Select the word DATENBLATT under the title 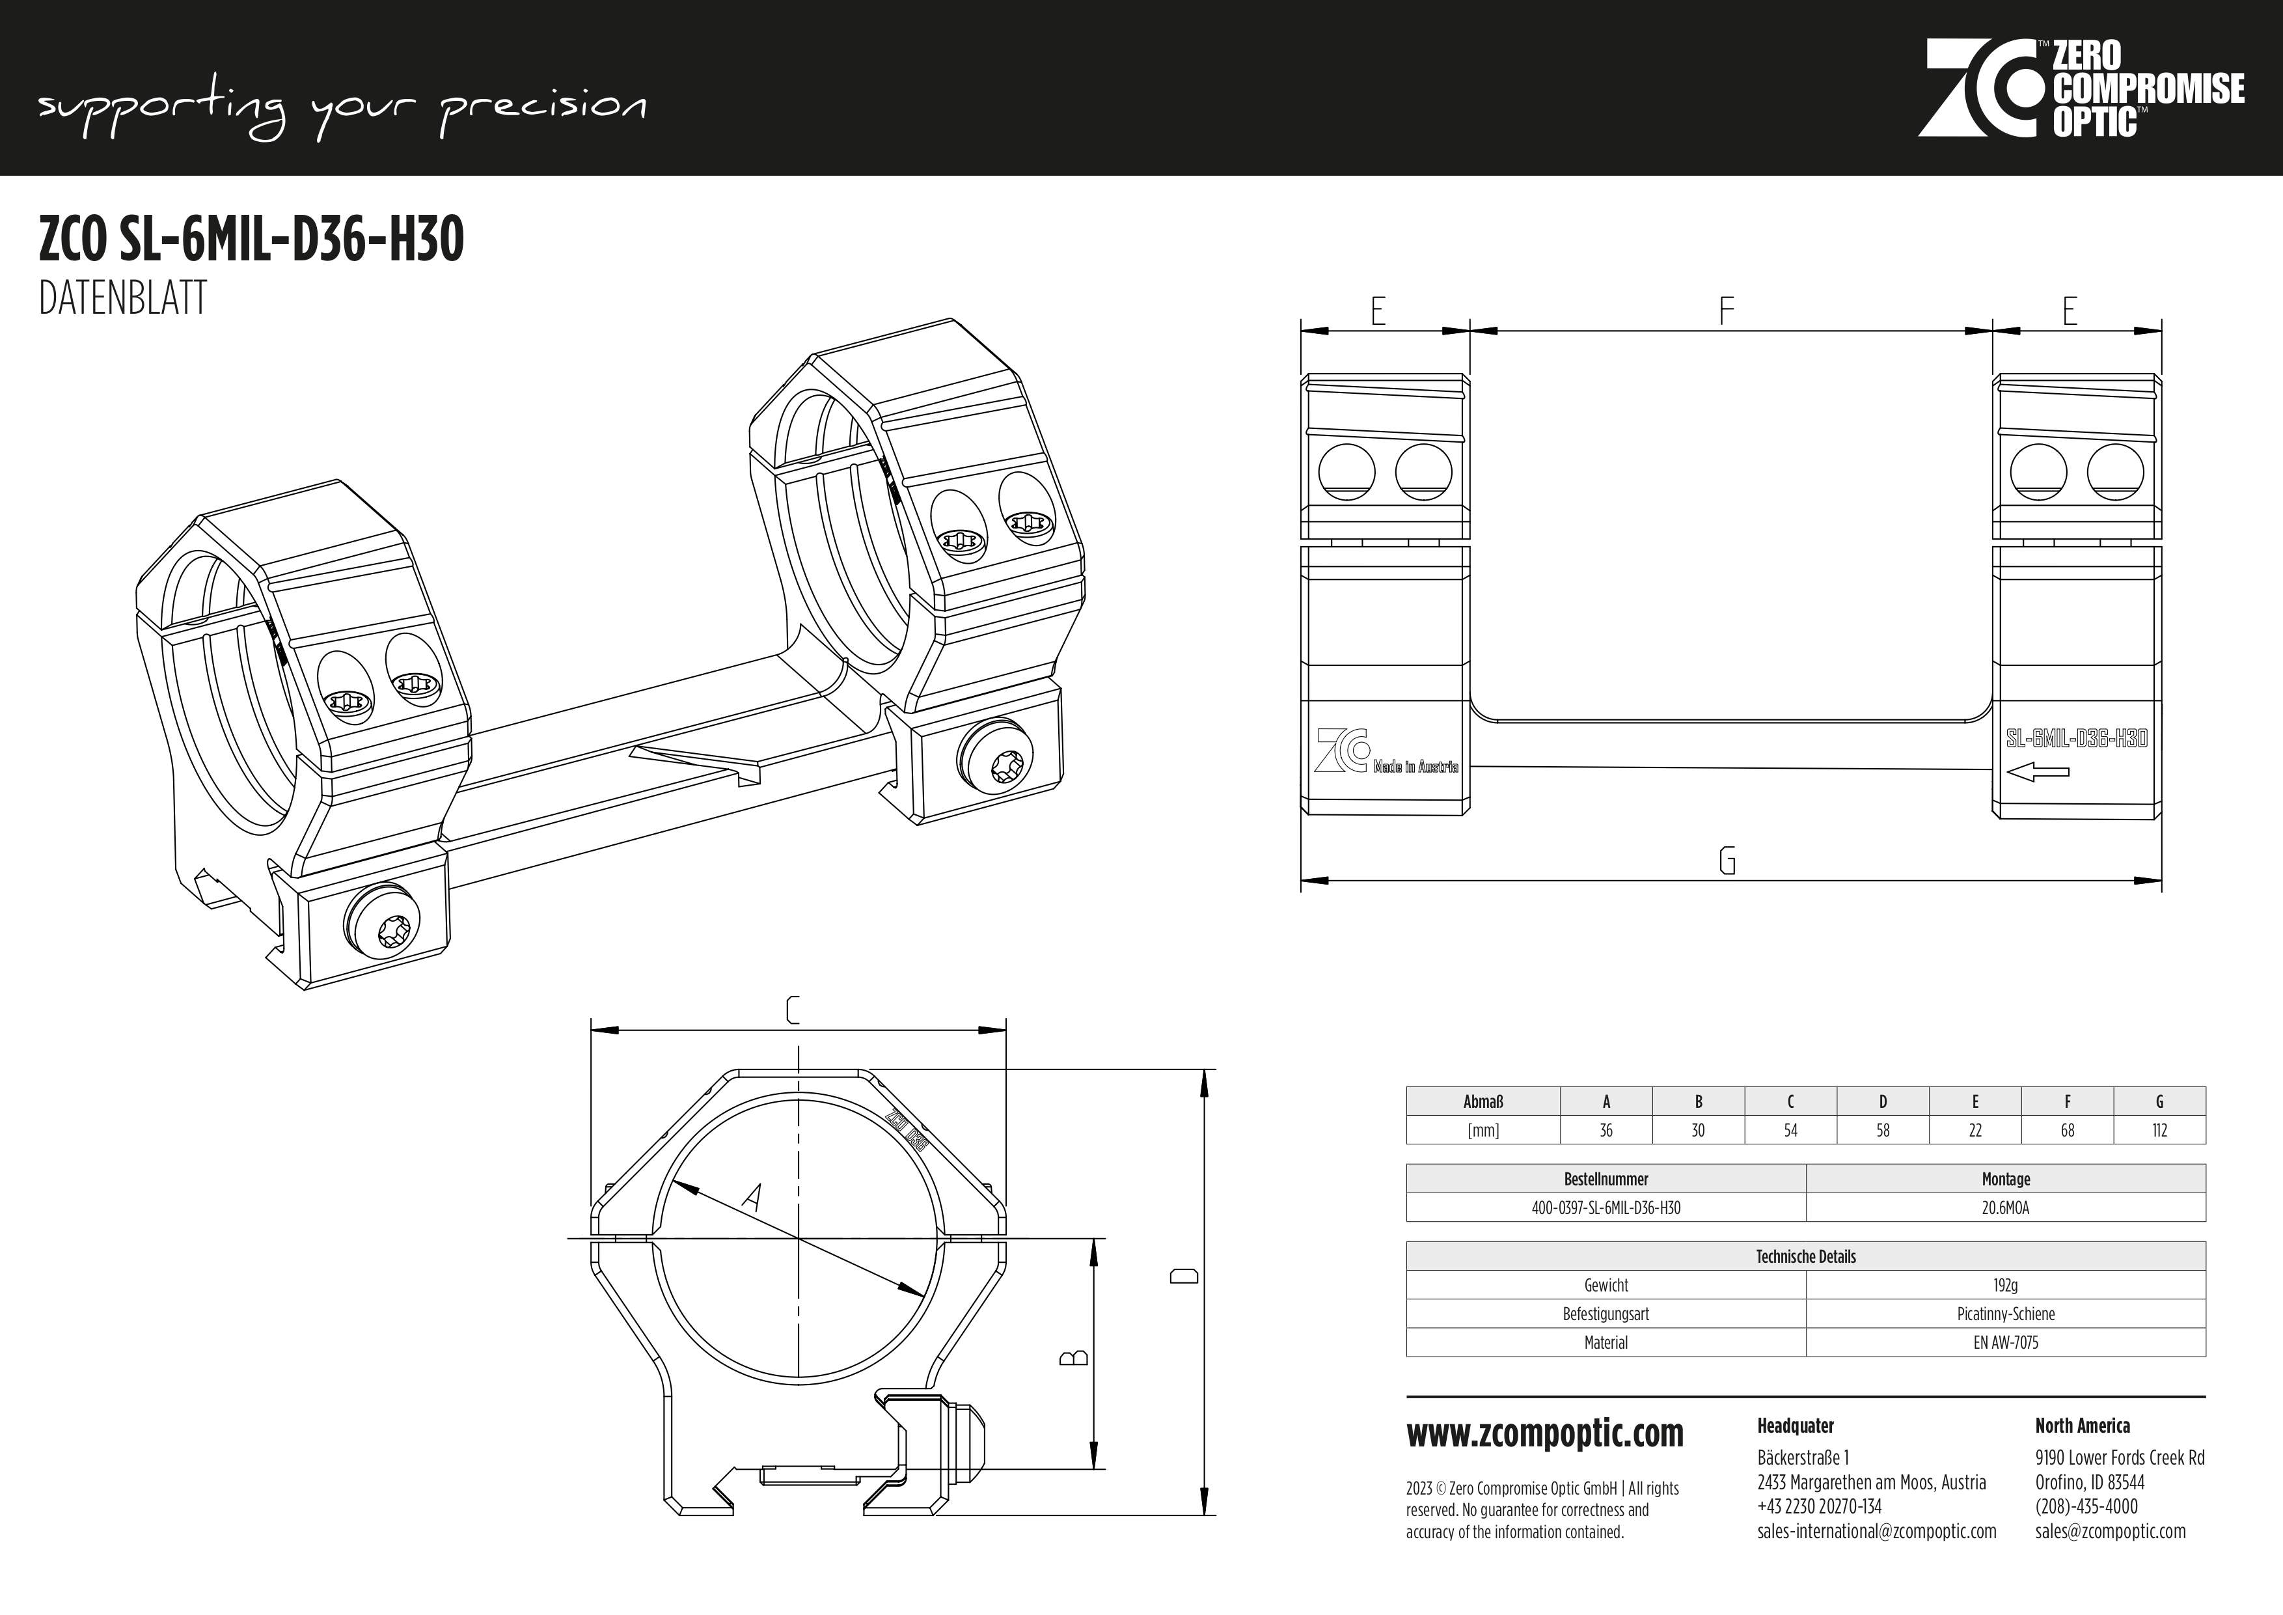pyautogui.click(x=122, y=297)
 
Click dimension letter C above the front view pyautogui.click(x=793, y=1010)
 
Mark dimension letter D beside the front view pyautogui.click(x=1183, y=1276)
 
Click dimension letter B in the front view pyautogui.click(x=1075, y=1357)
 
